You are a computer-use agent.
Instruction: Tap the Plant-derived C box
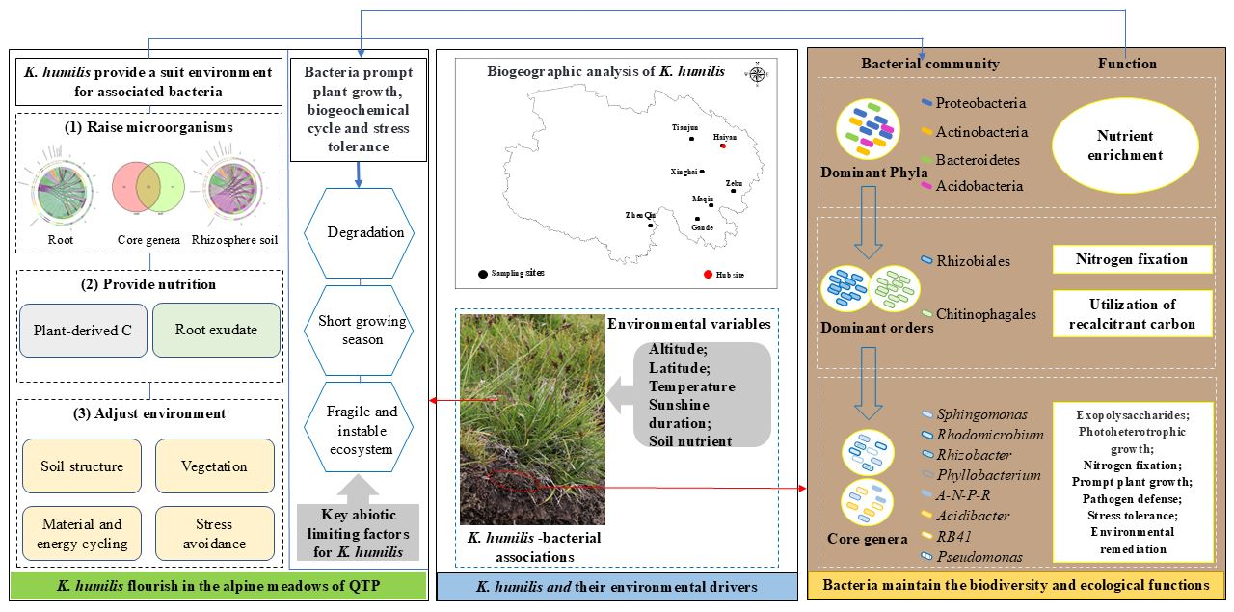[x=82, y=330]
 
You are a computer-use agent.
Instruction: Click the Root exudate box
[x=216, y=330]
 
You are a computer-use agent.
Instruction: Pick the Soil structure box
[x=82, y=466]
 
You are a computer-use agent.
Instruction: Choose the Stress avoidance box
[x=214, y=534]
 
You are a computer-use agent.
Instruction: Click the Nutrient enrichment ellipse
[x=1125, y=146]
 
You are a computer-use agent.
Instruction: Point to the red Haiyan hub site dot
[x=722, y=146]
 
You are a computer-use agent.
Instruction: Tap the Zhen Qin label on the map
[x=640, y=215]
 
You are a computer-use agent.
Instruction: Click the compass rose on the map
[x=758, y=74]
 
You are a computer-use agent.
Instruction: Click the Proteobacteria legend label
[x=981, y=103]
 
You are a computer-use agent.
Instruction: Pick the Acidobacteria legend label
[x=979, y=185]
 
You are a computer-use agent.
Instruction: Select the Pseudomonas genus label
[x=979, y=556]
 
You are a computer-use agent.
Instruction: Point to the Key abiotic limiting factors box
[x=360, y=528]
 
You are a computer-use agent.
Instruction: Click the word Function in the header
[x=1127, y=64]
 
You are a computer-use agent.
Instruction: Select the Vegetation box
[x=214, y=466]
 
